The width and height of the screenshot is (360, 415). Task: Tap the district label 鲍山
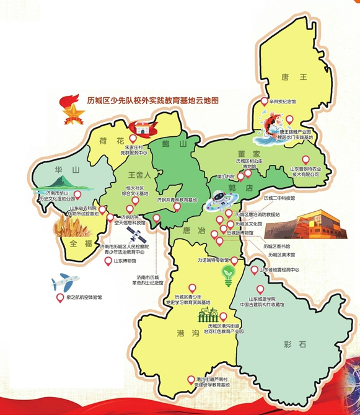(x=169, y=144)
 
